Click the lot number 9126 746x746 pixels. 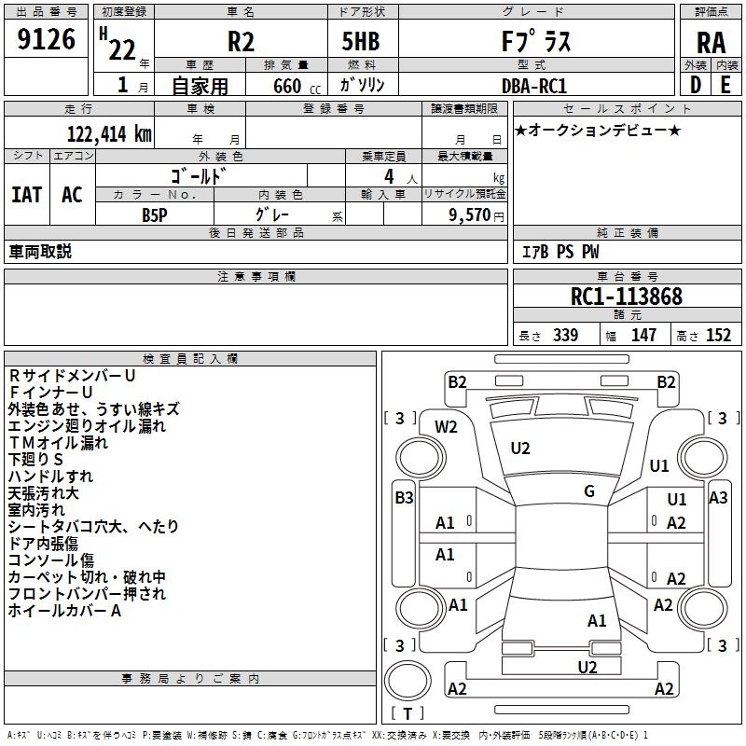tap(46, 39)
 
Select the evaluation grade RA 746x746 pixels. tap(711, 43)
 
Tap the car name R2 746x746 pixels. tap(241, 41)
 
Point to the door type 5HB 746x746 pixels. tap(361, 41)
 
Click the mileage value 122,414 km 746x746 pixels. tap(109, 134)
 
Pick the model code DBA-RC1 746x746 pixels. tap(534, 86)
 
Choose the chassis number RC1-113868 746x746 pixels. tap(627, 297)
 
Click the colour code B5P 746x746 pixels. tap(155, 215)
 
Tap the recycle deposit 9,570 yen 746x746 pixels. tap(477, 215)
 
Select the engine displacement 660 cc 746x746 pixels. tap(297, 86)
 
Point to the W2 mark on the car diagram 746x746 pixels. tap(446, 427)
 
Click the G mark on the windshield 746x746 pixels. tap(589, 491)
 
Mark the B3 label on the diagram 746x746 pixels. tap(404, 498)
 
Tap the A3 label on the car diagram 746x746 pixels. tap(718, 498)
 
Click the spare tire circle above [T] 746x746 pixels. tap(408, 681)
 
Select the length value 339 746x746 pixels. tap(565, 335)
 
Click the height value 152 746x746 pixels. tap(718, 335)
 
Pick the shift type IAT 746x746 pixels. tap(27, 195)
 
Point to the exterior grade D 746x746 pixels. tap(695, 86)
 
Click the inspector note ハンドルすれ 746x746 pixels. tap(51, 477)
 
